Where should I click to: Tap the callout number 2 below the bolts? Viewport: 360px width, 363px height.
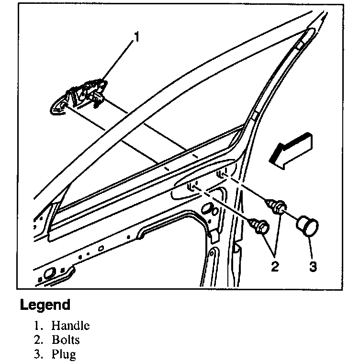[x=274, y=266]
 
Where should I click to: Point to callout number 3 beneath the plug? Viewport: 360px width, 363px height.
[x=312, y=266]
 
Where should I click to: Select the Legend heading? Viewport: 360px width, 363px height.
[x=45, y=305]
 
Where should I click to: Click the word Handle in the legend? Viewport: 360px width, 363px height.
[x=70, y=326]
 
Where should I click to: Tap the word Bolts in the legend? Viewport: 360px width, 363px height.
[x=66, y=340]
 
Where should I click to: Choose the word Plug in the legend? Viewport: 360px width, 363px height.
[x=64, y=355]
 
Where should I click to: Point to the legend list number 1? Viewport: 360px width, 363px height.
[x=36, y=326]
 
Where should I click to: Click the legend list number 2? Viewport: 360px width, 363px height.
[x=36, y=340]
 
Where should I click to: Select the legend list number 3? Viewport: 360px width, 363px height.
[x=36, y=355]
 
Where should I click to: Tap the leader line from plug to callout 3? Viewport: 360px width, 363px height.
[x=310, y=247]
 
